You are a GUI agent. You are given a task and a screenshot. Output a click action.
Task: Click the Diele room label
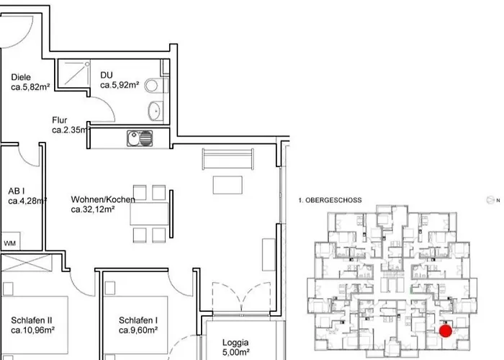(21, 77)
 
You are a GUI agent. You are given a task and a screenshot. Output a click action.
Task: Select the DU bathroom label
(107, 74)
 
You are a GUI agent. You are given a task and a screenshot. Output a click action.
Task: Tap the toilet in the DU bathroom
(152, 86)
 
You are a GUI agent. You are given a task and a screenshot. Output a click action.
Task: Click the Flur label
(60, 120)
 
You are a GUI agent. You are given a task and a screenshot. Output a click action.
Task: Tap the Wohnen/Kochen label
(101, 199)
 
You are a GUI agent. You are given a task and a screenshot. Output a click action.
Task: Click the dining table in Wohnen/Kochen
(150, 214)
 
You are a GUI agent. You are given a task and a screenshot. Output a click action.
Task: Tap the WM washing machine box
(11, 243)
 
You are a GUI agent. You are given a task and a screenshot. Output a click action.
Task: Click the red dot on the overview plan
(446, 331)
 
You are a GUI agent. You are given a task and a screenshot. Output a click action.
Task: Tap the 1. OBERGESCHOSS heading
(329, 199)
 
